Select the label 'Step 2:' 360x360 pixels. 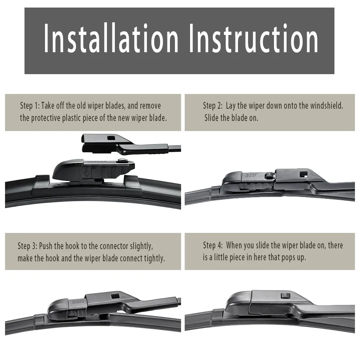pos(213,105)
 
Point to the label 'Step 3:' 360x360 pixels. pos(27,246)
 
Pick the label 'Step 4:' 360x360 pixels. pos(213,246)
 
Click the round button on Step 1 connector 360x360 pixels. pos(124,161)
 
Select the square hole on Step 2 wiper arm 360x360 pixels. pos(303,175)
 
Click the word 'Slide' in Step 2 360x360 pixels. pos(211,118)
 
